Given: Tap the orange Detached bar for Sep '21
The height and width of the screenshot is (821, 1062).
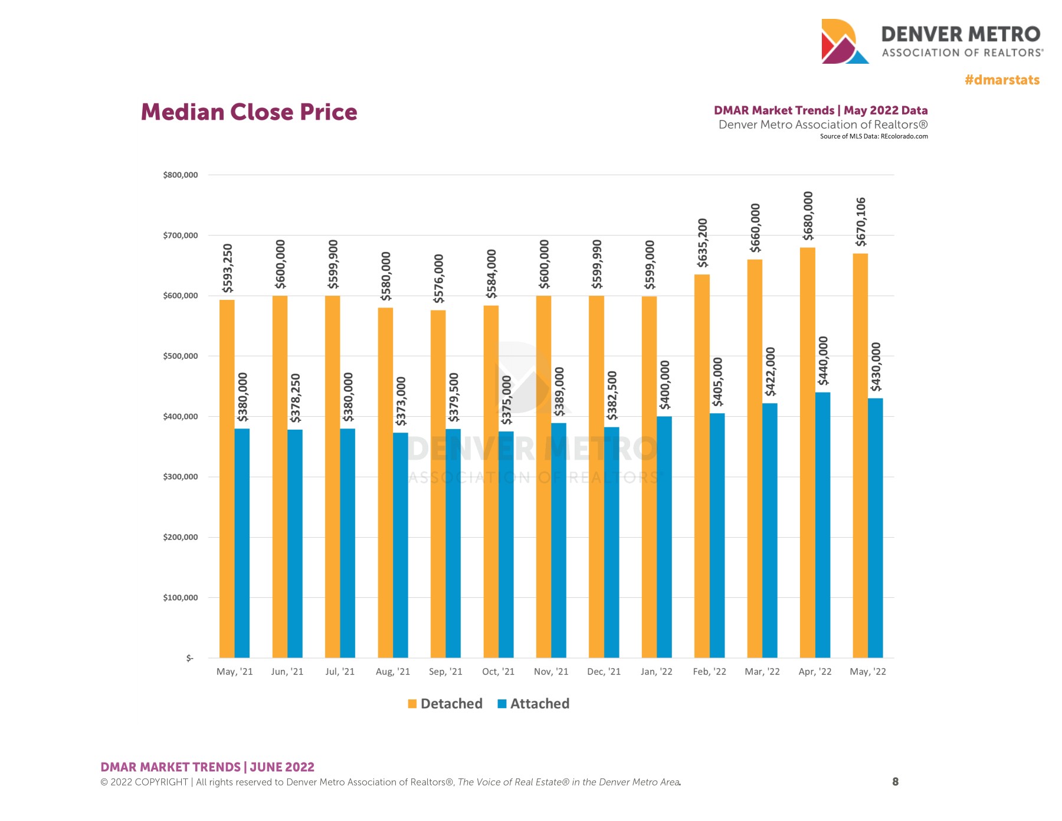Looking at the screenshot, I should (438, 483).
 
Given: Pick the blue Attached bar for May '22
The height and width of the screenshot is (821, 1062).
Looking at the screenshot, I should (876, 528).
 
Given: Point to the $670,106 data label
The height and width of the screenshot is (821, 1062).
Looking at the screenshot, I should (861, 222).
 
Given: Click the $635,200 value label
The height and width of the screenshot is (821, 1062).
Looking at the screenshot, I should (702, 243).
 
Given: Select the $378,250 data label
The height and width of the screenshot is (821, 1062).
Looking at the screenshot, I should (296, 397).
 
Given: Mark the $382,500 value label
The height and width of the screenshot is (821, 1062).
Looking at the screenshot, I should (612, 395).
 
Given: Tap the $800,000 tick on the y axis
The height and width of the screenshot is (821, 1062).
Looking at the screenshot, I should (181, 175).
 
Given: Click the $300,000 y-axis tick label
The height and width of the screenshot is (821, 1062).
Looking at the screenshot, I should (181, 477).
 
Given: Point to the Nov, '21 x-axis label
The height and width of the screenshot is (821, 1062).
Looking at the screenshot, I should (551, 672).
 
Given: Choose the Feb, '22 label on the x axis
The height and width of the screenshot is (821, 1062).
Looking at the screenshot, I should (709, 672).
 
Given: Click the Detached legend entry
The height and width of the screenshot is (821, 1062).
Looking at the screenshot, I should (445, 704).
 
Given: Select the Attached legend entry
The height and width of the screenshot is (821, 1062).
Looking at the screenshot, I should (533, 704).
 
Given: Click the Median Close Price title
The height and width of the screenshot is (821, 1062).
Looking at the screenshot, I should (249, 112).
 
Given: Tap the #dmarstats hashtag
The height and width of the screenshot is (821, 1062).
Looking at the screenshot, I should (1002, 80).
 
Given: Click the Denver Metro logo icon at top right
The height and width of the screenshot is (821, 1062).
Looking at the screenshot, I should (843, 41).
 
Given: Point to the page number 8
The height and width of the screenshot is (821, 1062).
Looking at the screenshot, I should (895, 781).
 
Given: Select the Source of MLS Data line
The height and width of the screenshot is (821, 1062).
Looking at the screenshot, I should (873, 136).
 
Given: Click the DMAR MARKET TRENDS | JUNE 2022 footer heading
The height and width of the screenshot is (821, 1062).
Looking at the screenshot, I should (207, 767).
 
